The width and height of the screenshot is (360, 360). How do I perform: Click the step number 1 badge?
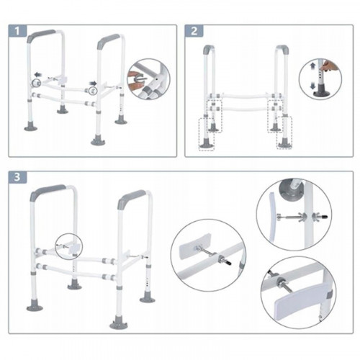[x=17, y=31]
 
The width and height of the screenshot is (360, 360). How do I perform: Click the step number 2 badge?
[x=194, y=31]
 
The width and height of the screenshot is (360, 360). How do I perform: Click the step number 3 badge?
[x=17, y=177]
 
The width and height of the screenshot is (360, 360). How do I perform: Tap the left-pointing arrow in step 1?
[x=37, y=74]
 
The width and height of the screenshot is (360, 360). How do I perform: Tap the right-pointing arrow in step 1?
[x=93, y=84]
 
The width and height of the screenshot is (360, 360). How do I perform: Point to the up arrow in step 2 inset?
[x=312, y=66]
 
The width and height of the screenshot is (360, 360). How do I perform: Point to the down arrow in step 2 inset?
[x=312, y=86]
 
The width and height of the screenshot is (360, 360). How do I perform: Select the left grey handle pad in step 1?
[x=41, y=35]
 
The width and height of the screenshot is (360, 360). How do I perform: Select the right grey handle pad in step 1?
[x=108, y=40]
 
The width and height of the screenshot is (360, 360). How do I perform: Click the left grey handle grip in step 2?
[x=208, y=49]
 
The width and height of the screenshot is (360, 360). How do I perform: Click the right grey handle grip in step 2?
[x=284, y=50]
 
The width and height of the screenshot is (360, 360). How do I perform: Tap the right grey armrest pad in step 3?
[x=131, y=199]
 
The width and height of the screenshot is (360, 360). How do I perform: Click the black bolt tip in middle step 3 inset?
[x=229, y=264]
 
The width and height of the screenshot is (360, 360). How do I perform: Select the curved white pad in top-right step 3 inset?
[x=272, y=216]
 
